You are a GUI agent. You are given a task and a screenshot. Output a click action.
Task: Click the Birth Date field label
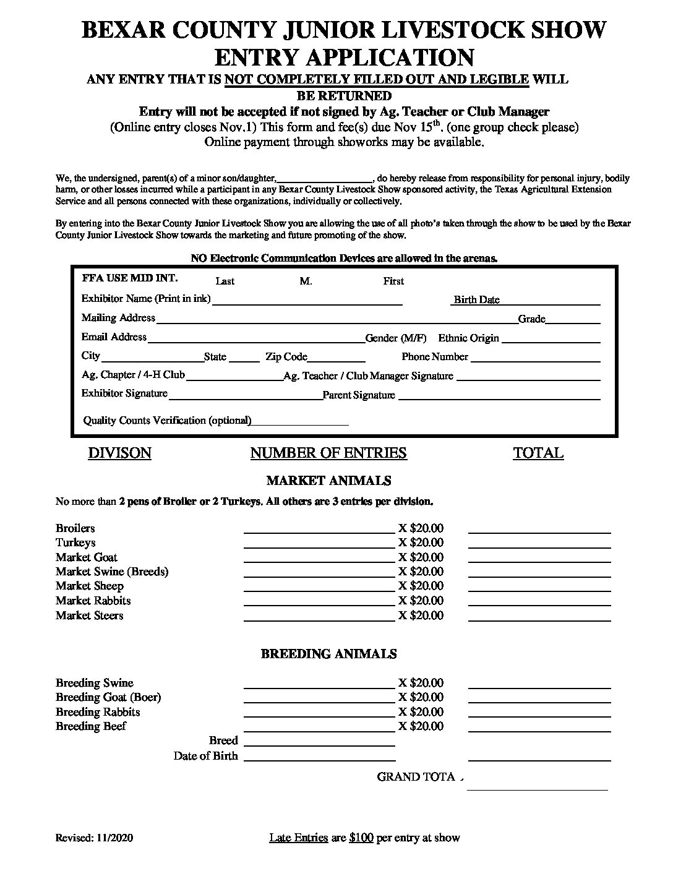click(476, 300)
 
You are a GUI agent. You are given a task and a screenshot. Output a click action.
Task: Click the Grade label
click(531, 319)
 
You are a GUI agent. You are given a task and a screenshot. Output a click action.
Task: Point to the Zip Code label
click(286, 357)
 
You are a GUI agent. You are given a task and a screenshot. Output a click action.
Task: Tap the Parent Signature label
click(359, 395)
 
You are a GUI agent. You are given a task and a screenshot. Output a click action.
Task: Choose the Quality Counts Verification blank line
click(300, 424)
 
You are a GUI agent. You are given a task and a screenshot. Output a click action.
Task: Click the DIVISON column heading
click(119, 453)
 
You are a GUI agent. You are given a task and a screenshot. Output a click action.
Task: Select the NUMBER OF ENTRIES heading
click(328, 453)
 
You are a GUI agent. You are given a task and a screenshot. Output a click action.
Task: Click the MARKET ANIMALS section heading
click(328, 481)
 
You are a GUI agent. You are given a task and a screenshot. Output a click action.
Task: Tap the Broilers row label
click(75, 528)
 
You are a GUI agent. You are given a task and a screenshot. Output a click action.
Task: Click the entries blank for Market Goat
click(319, 560)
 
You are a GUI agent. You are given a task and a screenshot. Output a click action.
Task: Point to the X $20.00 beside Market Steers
click(421, 616)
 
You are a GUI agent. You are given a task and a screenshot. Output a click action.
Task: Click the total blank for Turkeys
click(539, 546)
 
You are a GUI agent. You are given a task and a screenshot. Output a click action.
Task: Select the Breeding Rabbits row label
click(98, 712)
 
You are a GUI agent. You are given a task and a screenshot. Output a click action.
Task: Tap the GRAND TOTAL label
click(419, 777)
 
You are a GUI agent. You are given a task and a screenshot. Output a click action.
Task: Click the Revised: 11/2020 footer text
click(94, 838)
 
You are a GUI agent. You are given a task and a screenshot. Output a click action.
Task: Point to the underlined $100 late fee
click(361, 838)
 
